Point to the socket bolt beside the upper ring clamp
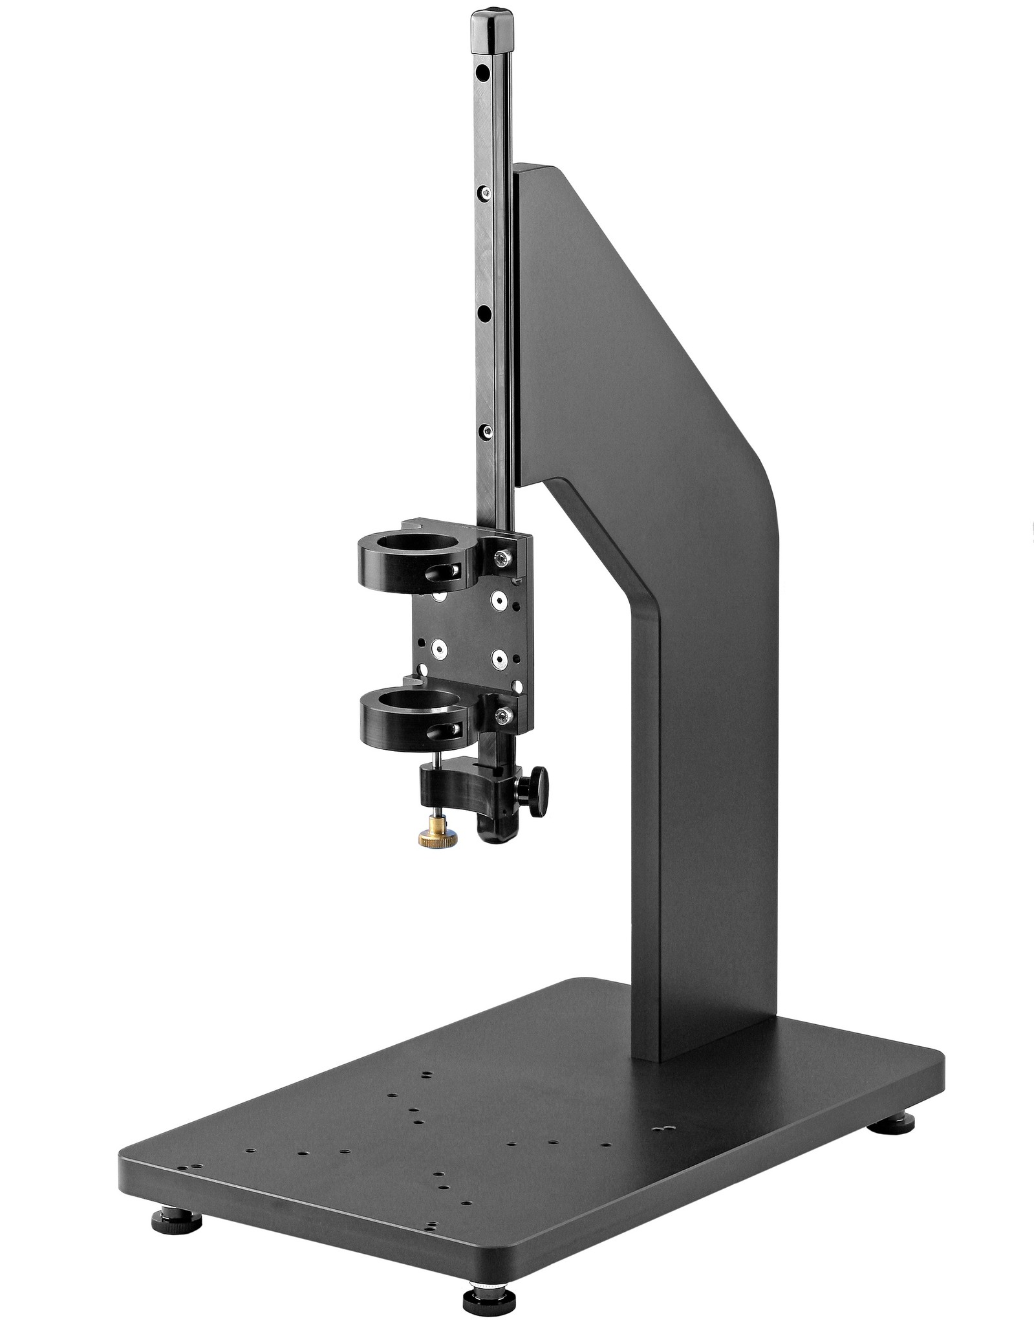click(x=502, y=557)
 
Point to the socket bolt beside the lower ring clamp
click(x=503, y=715)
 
